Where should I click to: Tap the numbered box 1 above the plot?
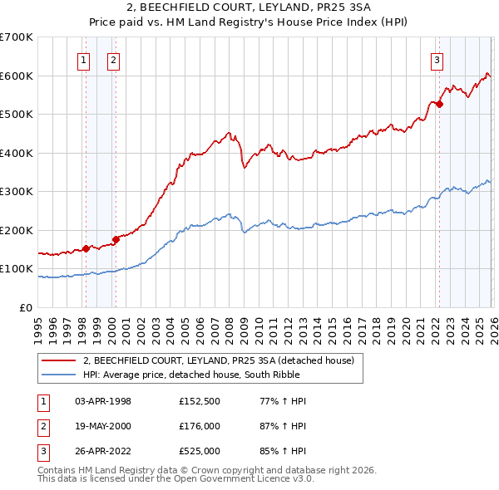point(85,59)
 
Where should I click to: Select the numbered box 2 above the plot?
point(112,59)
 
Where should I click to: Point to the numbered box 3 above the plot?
point(437,59)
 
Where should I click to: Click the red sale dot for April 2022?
point(439,105)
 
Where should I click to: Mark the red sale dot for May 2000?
point(116,239)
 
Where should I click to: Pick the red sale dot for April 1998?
point(85,248)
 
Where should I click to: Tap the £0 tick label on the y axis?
point(25,308)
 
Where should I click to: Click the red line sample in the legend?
point(59,360)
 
